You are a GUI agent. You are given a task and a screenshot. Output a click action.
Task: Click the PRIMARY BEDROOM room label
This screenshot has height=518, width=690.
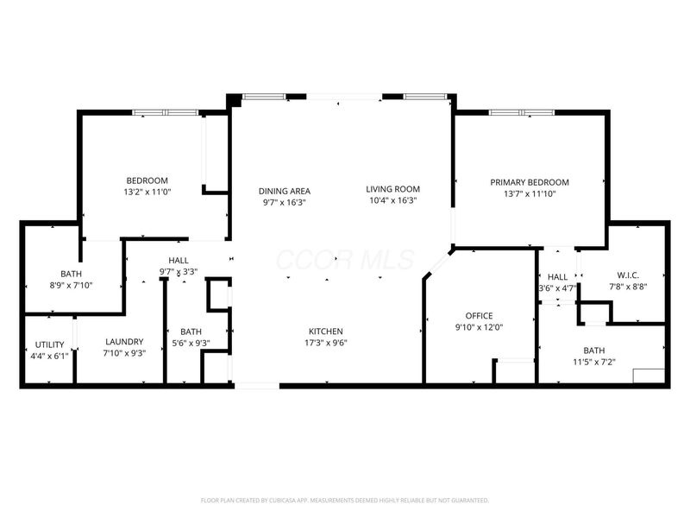[x=530, y=182]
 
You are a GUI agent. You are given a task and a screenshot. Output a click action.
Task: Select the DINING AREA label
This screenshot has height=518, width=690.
[x=285, y=191]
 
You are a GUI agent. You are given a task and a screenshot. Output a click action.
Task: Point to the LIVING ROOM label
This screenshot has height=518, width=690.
[x=392, y=189]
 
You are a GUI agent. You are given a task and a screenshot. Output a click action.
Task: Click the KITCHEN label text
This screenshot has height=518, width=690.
[x=326, y=332]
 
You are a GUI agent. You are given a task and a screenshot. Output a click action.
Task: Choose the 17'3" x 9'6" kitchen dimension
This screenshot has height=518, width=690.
[x=326, y=343]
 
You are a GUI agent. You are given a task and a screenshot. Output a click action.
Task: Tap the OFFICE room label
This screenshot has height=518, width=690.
[x=479, y=316]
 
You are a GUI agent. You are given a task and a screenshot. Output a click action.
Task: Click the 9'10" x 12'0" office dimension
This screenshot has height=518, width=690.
[x=479, y=327]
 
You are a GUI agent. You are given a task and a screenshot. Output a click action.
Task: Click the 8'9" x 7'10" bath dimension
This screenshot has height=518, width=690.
[x=71, y=286]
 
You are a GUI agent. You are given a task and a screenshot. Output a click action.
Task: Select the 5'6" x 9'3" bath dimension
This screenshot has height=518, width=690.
[x=191, y=343]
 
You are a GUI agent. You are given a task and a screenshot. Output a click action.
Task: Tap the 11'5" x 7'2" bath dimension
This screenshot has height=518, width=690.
[x=593, y=362]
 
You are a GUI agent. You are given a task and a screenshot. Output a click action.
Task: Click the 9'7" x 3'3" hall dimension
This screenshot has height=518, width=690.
[x=179, y=271]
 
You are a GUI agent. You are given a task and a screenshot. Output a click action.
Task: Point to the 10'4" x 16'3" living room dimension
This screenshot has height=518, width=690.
[x=392, y=201]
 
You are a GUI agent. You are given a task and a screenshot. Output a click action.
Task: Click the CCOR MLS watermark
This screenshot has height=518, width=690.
[x=344, y=260]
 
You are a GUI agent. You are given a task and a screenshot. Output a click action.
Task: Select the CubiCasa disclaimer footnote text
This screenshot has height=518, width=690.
[x=344, y=500]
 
